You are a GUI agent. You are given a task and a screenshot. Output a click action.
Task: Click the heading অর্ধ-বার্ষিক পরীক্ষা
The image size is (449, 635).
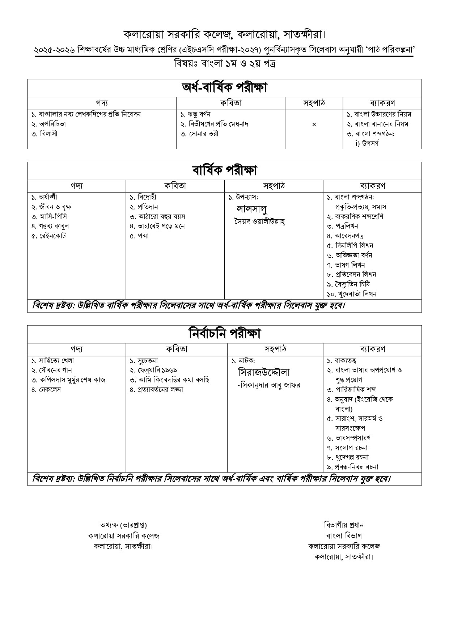coord(224,88)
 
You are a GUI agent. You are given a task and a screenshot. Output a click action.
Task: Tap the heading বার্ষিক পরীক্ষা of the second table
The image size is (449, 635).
coord(224,171)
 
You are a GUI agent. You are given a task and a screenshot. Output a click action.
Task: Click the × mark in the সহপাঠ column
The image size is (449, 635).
coord(314,124)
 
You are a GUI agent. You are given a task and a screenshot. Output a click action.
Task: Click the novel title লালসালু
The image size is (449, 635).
coord(251,209)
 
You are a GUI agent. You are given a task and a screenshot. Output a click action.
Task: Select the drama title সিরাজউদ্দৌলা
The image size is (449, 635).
coord(264,372)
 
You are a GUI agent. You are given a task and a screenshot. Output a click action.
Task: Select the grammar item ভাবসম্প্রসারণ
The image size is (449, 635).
coord(352,438)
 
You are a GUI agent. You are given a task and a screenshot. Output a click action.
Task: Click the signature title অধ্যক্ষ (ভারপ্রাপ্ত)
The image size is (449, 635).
coord(123,525)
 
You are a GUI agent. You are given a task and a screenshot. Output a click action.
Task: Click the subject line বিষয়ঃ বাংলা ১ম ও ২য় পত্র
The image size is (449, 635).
coord(224,64)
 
